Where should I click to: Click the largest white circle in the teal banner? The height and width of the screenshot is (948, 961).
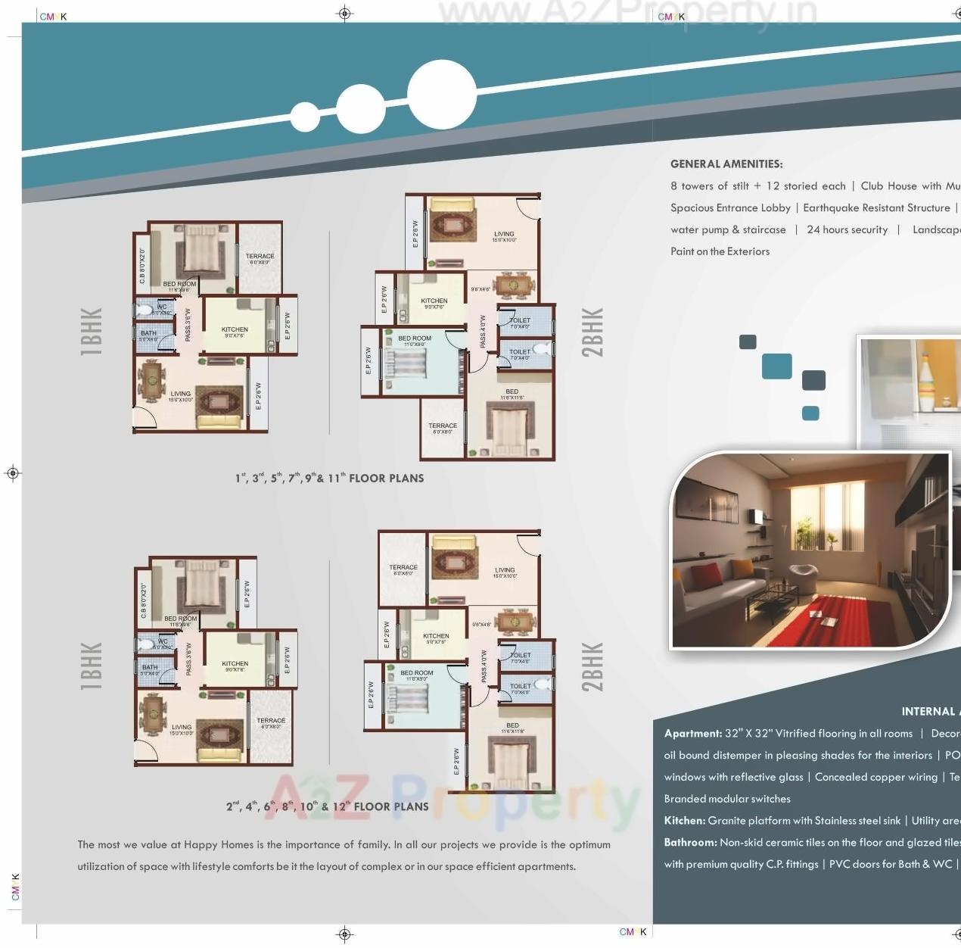[442, 94]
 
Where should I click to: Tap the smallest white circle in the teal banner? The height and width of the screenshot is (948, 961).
[305, 117]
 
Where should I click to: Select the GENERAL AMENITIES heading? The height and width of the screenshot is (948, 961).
[726, 164]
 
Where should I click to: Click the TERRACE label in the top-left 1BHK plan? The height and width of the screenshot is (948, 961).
[260, 257]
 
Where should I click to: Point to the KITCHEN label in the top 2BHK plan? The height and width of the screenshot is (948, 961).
[434, 301]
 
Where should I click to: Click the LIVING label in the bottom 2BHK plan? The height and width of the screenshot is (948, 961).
[505, 570]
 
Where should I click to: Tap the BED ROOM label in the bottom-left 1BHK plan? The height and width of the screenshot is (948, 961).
[181, 619]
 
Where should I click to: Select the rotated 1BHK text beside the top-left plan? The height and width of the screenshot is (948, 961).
[91, 332]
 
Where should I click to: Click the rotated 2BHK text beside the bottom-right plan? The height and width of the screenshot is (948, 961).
[592, 667]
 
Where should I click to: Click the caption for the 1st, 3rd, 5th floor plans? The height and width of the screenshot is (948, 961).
[329, 478]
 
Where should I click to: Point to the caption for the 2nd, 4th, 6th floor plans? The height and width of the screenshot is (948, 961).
[327, 806]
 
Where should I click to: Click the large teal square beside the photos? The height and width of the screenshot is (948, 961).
[776, 366]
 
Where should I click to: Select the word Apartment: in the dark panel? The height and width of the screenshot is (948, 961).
[692, 734]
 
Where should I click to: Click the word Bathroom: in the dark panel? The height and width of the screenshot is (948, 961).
[690, 842]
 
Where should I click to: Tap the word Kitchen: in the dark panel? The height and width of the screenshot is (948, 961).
[684, 821]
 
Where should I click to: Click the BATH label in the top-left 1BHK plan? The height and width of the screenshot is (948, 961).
[148, 333]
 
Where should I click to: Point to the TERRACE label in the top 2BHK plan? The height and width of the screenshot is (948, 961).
[443, 426]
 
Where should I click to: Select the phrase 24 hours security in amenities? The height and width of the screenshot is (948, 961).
[847, 229]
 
